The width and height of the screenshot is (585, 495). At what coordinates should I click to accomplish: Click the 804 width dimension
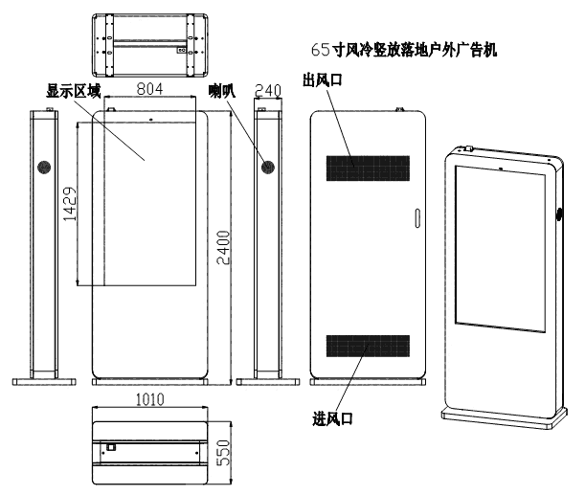click(x=148, y=90)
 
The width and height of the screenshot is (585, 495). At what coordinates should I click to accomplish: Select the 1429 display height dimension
click(x=69, y=204)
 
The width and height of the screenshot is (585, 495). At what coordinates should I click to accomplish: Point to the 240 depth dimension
click(x=269, y=90)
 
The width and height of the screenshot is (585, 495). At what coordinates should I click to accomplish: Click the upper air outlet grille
click(x=367, y=168)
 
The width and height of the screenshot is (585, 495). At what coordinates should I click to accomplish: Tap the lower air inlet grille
click(x=367, y=348)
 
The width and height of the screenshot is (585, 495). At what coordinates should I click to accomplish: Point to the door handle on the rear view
click(x=417, y=217)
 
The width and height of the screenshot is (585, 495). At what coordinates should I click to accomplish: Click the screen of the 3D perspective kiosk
click(x=501, y=244)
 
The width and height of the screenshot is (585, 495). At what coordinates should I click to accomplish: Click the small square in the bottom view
click(x=111, y=445)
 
